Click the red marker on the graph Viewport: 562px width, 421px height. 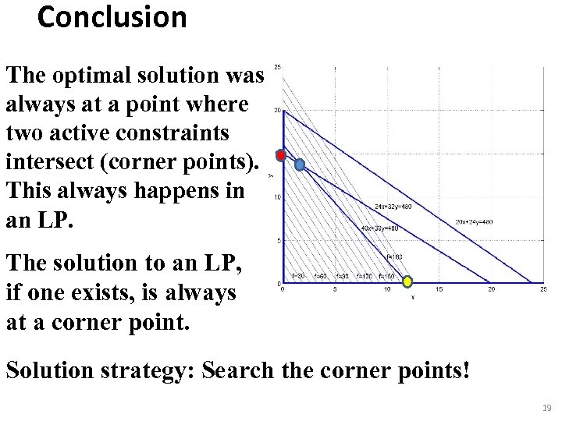pos(282,154)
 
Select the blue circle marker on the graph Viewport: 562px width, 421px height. pos(300,165)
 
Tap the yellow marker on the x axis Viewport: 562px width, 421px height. pos(406,282)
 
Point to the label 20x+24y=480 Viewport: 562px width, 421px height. pos(475,221)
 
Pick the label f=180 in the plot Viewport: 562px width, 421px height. pos(395,256)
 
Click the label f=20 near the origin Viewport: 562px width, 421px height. pos(297,276)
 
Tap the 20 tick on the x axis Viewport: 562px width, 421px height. pos(491,290)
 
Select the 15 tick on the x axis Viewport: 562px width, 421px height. pos(439,290)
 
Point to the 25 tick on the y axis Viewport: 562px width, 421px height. pos(277,67)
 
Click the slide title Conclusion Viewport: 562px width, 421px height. pos(112,17)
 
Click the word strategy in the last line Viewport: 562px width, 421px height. pos(144,369)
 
